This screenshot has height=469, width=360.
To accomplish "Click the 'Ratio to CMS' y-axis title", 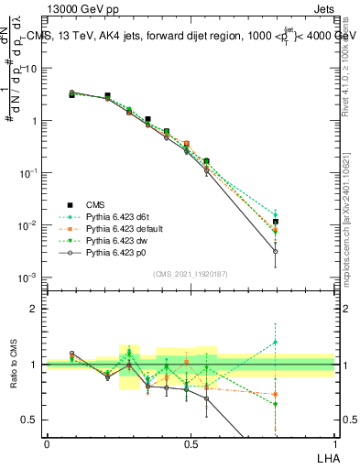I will [13, 364].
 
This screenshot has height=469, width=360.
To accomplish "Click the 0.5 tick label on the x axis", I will [191, 444].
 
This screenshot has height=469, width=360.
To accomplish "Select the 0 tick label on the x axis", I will [47, 444].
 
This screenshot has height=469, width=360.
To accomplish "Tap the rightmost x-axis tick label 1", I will [334, 444].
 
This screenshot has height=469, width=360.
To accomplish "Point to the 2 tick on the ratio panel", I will [34, 309].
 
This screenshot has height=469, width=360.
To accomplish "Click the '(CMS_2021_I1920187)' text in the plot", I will [190, 274].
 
